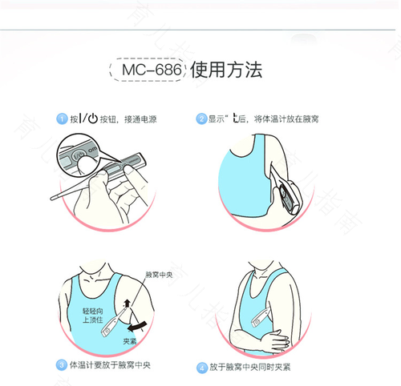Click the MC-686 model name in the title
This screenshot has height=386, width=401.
pos(148,70)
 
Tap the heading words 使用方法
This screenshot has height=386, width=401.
pos(228,70)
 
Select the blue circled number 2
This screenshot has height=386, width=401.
pos(201,119)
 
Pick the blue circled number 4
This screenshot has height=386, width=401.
pos(202,368)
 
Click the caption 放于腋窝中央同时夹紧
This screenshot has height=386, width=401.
pos(250,368)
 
